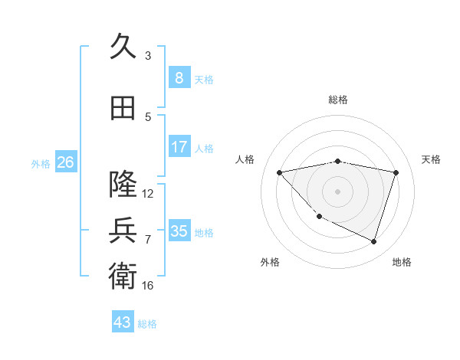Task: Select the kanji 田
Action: tap(123, 108)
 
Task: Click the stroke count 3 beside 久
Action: tap(148, 55)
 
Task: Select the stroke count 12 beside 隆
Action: tap(148, 193)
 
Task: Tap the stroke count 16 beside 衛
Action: tap(148, 285)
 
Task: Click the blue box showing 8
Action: tap(179, 77)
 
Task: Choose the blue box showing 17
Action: tap(179, 146)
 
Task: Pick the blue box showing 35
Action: tap(179, 231)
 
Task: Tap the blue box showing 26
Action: tap(65, 162)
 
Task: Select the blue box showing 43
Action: tap(123, 322)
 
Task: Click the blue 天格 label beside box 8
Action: tap(204, 79)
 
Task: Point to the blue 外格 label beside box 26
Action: tap(41, 163)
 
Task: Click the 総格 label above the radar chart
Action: tap(337, 100)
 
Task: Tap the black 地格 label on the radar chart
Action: tap(402, 262)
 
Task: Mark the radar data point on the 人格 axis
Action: tap(279, 172)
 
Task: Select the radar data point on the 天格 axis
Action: tap(396, 172)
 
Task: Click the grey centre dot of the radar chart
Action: tap(337, 191)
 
